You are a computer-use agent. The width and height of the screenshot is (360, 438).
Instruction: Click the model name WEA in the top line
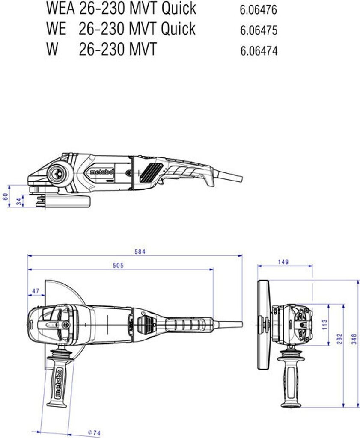pos(60,8)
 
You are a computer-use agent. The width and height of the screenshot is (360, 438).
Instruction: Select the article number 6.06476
pos(259,10)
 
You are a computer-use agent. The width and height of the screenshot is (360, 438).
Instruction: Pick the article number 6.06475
pos(259,31)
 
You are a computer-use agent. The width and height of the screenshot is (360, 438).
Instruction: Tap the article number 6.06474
pos(259,51)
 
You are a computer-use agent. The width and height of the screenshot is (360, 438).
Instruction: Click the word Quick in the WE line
pos(178,29)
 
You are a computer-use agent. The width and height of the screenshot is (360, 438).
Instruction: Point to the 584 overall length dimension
pos(140,252)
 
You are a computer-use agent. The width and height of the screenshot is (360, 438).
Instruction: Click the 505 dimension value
pos(118,266)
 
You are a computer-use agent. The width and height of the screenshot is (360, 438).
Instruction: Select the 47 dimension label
pos(36,291)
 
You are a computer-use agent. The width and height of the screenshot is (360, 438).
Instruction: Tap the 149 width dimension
pos(283,262)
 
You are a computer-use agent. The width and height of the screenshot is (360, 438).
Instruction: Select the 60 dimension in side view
pos(5,196)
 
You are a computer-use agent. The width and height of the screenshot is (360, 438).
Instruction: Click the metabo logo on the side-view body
pos(101,172)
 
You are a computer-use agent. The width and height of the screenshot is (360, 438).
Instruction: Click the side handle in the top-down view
pos(57,379)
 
